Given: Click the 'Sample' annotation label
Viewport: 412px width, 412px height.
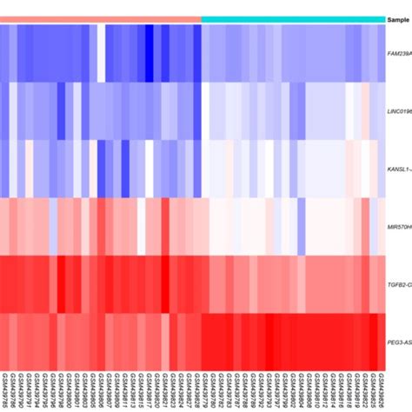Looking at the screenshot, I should coord(399,18).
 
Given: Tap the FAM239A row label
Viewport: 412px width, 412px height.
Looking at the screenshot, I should coord(399,53).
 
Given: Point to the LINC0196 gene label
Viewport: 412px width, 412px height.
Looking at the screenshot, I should coord(399,111).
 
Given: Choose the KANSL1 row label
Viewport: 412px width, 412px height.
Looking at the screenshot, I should coord(399,169).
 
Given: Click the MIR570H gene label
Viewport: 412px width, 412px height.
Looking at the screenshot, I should coord(399,228).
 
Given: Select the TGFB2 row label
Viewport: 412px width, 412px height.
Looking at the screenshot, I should coord(399,286).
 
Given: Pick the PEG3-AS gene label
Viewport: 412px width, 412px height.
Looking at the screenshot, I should coord(399,344).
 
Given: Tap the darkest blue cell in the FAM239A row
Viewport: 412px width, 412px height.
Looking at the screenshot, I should coord(149,52).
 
